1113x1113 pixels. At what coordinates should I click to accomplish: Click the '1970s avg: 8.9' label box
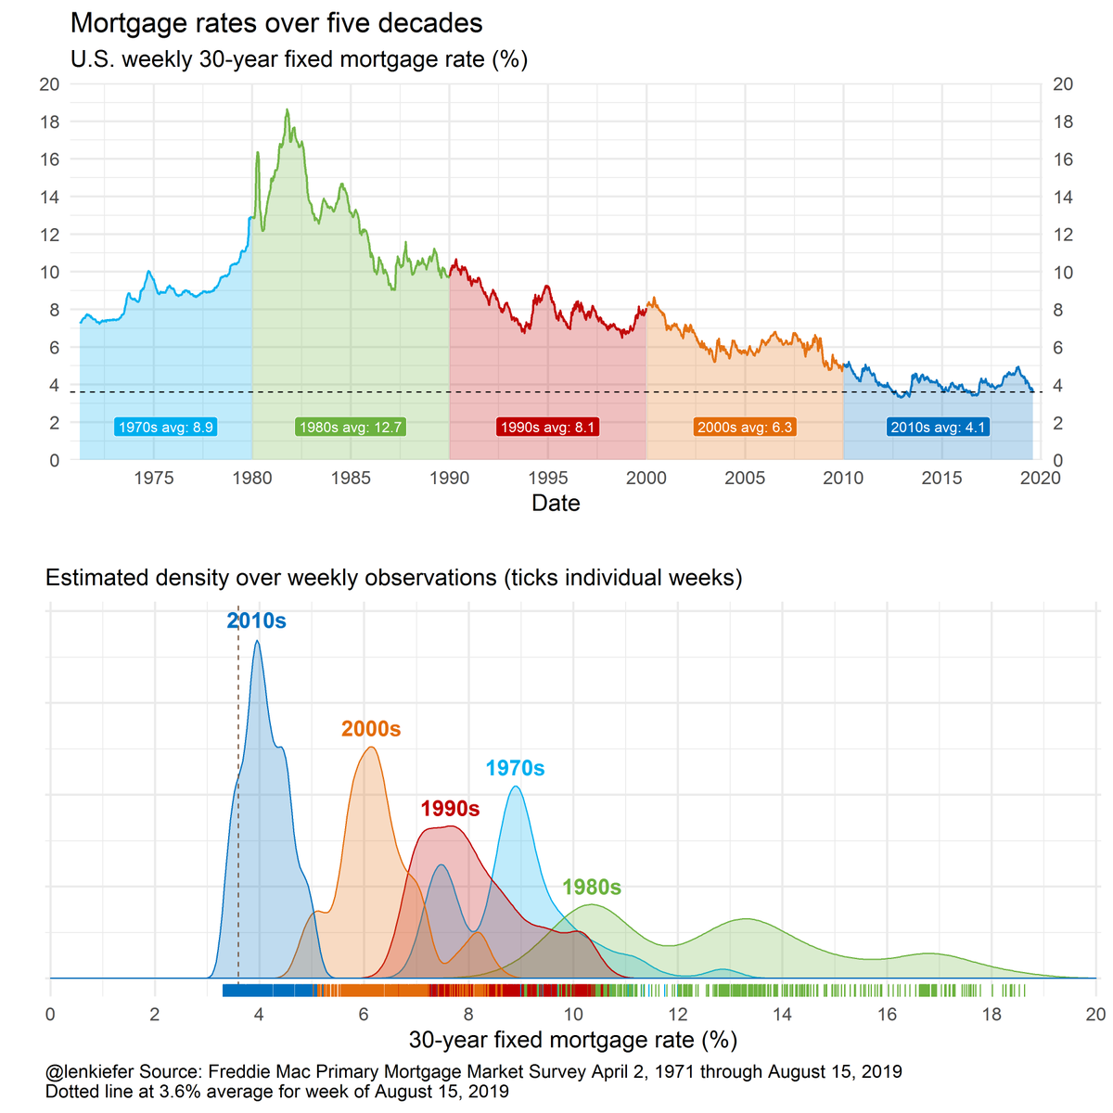[x=166, y=428]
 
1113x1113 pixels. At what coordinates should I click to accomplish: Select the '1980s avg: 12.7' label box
[x=351, y=428]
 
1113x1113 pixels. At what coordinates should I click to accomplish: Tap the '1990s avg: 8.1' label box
[x=547, y=428]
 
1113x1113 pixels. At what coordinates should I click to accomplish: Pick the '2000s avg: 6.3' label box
[x=745, y=428]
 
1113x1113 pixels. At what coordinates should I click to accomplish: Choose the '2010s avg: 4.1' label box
[x=939, y=428]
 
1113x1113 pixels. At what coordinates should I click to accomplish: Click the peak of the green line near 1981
[x=287, y=110]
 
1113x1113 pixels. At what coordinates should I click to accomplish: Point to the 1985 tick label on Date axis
[x=351, y=479]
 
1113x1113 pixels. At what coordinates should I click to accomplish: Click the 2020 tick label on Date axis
[x=1040, y=479]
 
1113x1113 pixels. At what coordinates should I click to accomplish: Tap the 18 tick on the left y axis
[x=49, y=122]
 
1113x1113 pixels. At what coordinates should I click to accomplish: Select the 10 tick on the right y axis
[x=1063, y=273]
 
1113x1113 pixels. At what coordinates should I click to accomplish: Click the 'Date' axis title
[x=556, y=504]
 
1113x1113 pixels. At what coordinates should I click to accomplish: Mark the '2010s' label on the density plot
[x=257, y=621]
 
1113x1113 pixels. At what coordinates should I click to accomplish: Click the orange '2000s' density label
[x=371, y=729]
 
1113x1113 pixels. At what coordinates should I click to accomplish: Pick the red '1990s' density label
[x=450, y=809]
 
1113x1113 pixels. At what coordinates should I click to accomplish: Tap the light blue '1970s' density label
[x=515, y=769]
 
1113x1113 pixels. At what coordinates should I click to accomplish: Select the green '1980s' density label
[x=592, y=888]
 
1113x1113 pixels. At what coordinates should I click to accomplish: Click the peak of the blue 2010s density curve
[x=257, y=641]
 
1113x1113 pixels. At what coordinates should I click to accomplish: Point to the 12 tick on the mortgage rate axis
[x=678, y=1015]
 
